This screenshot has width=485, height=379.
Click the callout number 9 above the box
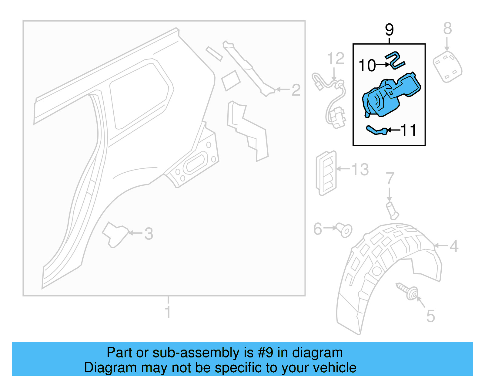click(389, 30)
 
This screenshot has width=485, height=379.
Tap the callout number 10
click(367, 65)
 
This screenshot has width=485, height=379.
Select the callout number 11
click(409, 130)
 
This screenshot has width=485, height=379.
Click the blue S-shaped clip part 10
click(395, 60)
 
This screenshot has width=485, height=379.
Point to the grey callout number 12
click(336, 58)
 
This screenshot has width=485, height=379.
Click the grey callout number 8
click(447, 29)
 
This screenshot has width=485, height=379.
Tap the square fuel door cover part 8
click(447, 67)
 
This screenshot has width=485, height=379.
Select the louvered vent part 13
click(326, 173)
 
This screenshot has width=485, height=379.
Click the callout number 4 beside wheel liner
click(454, 246)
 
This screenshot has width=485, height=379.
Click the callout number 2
click(296, 90)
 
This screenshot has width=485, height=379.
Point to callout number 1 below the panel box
click(168, 312)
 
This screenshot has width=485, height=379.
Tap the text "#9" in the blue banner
click(265, 353)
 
